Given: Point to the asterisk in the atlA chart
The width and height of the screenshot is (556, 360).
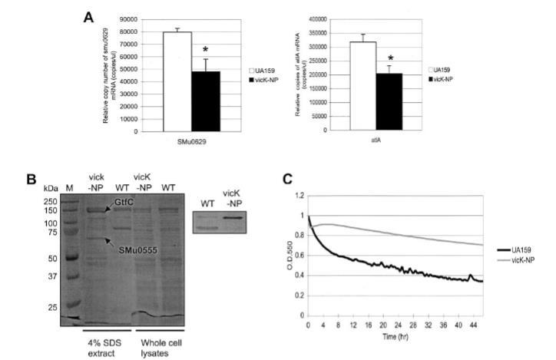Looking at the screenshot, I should click(390, 58).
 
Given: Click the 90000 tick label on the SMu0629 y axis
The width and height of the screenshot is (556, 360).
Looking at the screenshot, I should click(138, 18).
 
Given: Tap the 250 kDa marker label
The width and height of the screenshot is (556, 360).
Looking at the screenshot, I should click(51, 201).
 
